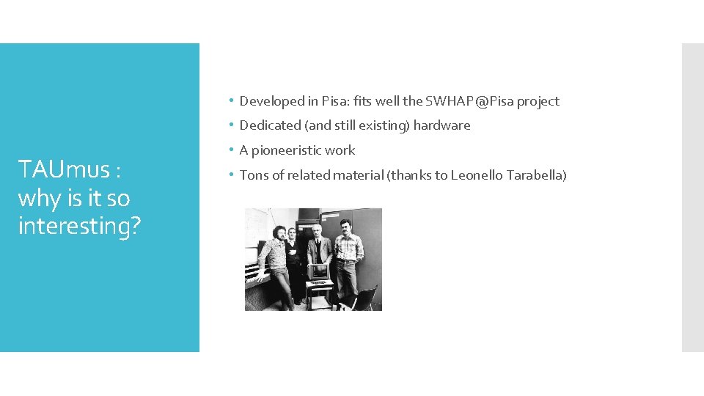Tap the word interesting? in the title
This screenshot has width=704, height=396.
click(x=79, y=226)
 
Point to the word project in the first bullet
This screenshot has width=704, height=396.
click(x=538, y=101)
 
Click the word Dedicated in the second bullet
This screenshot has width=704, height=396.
click(x=269, y=125)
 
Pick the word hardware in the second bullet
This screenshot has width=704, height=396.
click(x=441, y=125)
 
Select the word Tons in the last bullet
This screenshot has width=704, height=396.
click(x=253, y=175)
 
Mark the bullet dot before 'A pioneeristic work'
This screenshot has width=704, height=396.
click(x=230, y=150)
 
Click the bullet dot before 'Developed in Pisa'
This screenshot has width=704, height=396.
click(x=230, y=101)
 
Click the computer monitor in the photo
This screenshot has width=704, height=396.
click(x=320, y=271)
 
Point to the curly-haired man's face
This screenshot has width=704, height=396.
click(x=279, y=232)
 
